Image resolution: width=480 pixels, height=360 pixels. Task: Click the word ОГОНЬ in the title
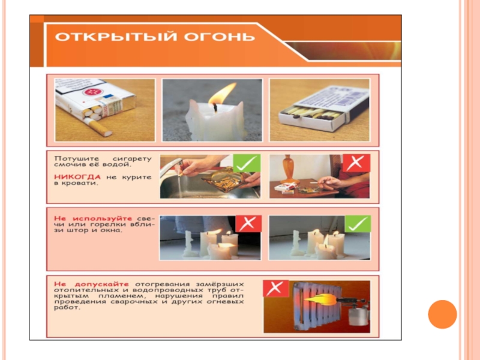(x=219, y=37)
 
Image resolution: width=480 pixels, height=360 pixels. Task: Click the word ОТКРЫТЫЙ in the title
(x=116, y=37)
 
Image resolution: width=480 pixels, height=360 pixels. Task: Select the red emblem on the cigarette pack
(x=92, y=92)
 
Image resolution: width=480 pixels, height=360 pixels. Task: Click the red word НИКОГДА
(x=77, y=177)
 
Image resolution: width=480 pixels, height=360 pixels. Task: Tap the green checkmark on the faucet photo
(x=247, y=163)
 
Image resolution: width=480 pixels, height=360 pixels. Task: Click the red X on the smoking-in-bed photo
(x=356, y=163)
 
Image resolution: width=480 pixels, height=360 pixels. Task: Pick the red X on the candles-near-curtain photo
(x=248, y=223)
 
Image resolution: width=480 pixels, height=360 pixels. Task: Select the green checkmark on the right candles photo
(x=358, y=223)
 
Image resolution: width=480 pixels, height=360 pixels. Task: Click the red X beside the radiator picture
(x=275, y=289)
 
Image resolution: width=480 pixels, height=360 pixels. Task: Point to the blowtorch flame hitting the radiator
(x=320, y=299)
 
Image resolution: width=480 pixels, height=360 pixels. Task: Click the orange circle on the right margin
(x=442, y=314)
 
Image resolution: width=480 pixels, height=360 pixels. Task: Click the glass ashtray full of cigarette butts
(x=226, y=179)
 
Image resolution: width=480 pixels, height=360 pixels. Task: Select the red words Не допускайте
(x=91, y=284)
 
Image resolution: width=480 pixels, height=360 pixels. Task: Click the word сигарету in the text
(x=132, y=159)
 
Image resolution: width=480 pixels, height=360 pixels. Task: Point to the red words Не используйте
(x=93, y=218)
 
